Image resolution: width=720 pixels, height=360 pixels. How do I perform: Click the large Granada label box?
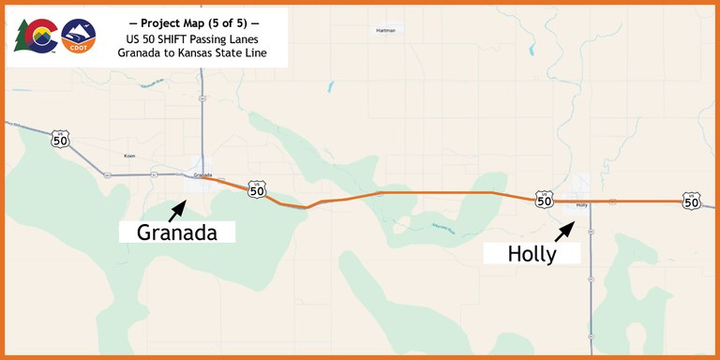point(177,232)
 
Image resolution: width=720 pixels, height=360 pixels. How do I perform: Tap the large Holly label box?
point(532,252)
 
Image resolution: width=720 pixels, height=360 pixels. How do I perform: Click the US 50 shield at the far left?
point(61,140)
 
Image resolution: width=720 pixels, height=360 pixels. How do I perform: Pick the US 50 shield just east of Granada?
point(257,189)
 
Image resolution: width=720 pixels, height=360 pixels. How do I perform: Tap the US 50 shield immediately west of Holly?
point(544,199)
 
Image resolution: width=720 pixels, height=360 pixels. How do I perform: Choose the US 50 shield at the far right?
point(692,201)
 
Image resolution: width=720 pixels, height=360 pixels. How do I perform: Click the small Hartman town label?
point(385,30)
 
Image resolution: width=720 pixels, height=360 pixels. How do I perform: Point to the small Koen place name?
point(129,155)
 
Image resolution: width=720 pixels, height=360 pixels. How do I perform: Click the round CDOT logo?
point(79,37)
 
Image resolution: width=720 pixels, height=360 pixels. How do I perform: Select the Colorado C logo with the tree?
point(35,37)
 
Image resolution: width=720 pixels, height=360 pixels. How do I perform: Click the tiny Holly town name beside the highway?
point(581,204)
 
